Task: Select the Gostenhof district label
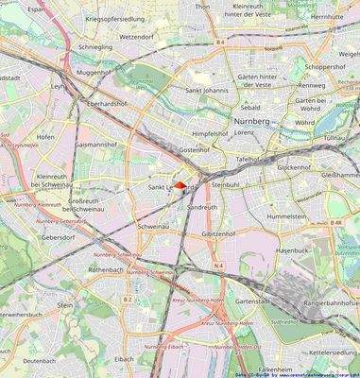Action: (195, 150)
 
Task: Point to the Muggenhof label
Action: (94, 72)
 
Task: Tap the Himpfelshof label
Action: (210, 134)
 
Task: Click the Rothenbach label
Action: (106, 269)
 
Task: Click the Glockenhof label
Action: (294, 166)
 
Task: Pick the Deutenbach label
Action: (40, 360)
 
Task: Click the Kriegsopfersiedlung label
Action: (115, 19)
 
